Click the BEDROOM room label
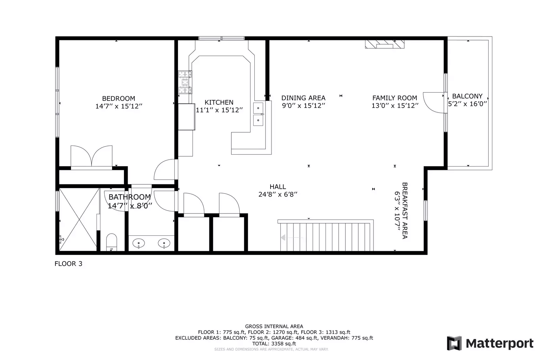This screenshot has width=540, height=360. [x=119, y=99]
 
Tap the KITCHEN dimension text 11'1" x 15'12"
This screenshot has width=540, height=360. [x=220, y=110]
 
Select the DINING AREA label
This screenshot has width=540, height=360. [x=303, y=98]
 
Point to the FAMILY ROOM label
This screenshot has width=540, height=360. [x=394, y=98]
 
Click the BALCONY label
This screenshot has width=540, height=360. [x=467, y=96]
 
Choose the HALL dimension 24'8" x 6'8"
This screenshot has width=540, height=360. [x=278, y=195]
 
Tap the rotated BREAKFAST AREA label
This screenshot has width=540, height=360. [x=405, y=210]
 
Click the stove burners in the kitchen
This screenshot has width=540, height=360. [x=185, y=82]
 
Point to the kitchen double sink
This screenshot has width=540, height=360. [x=258, y=114]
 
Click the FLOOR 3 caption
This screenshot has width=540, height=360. [x=68, y=264]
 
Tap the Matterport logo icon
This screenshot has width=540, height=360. [x=454, y=343]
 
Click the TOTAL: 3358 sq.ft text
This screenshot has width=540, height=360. [x=274, y=343]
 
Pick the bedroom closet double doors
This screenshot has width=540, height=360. [x=91, y=157]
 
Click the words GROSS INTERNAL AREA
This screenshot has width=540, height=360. [x=274, y=326]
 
